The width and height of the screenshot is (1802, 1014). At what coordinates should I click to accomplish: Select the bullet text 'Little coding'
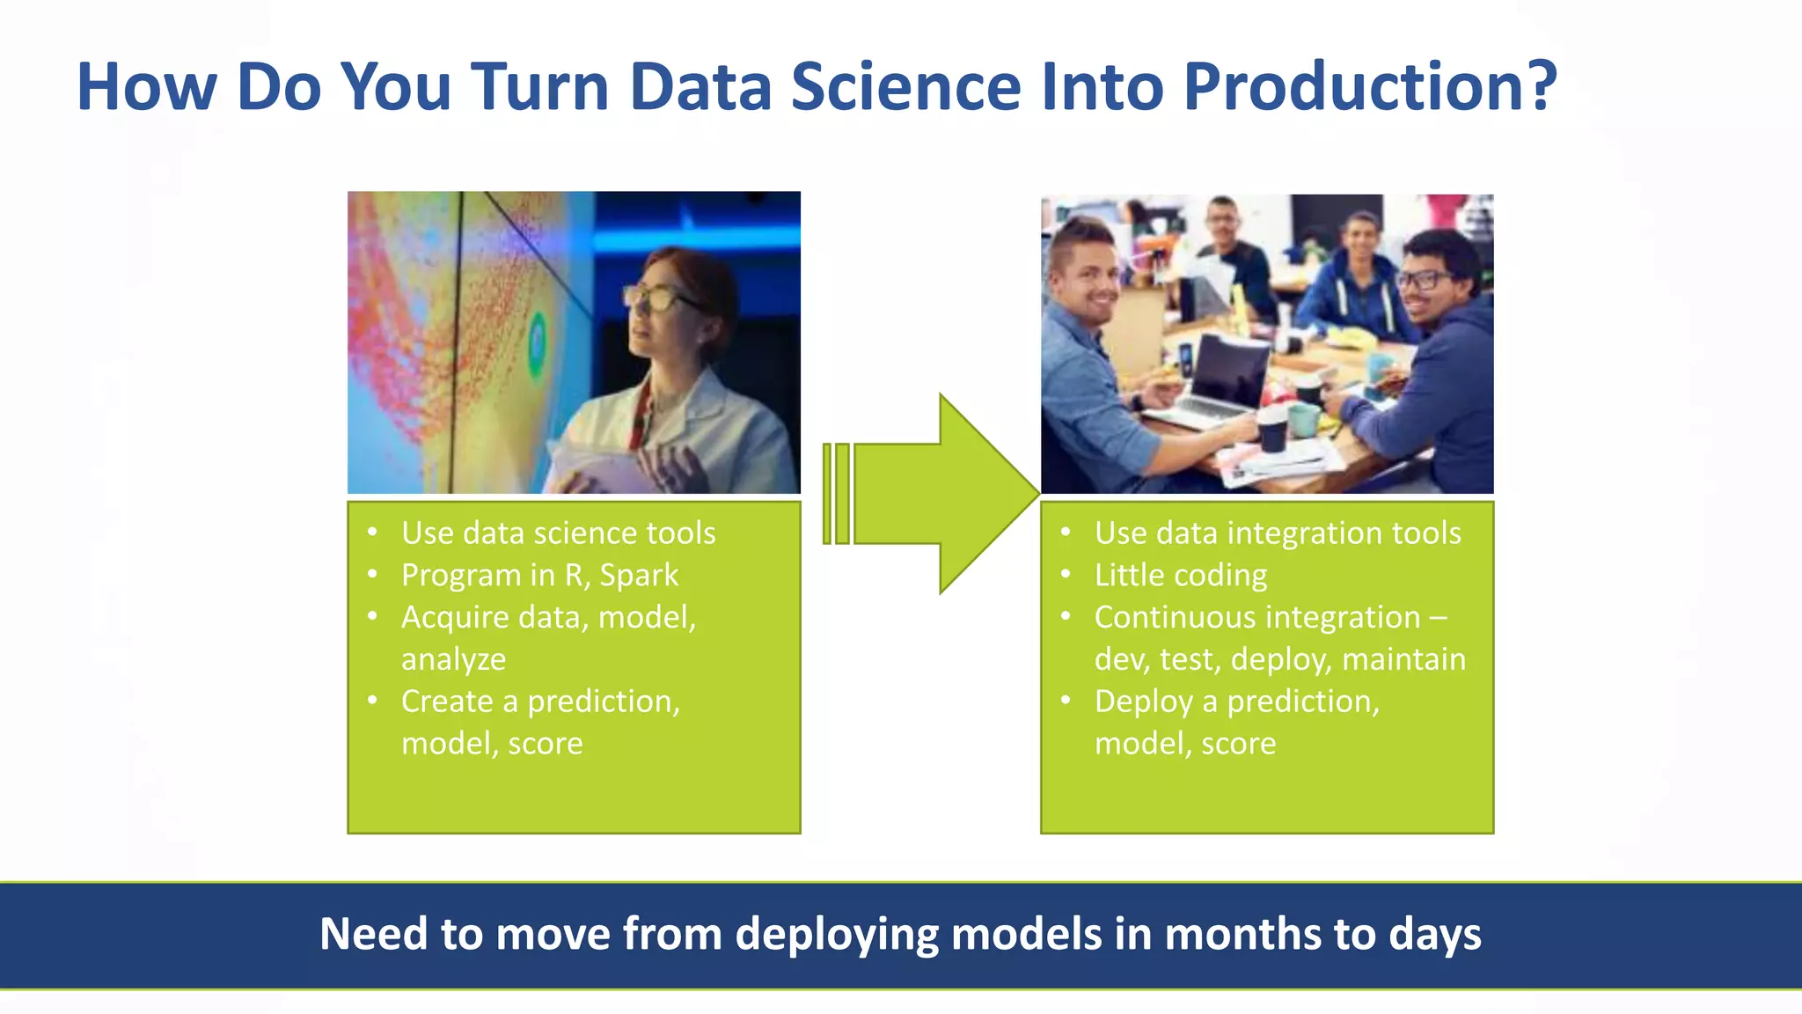pos(1181,576)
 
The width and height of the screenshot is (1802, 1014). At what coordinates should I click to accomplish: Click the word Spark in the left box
pos(639,576)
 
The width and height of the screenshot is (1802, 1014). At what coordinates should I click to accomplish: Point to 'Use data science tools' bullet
pos(558,533)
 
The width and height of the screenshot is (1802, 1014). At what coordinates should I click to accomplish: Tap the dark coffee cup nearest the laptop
pos(1272,429)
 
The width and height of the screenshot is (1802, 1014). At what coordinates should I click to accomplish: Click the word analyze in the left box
pos(453,660)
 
